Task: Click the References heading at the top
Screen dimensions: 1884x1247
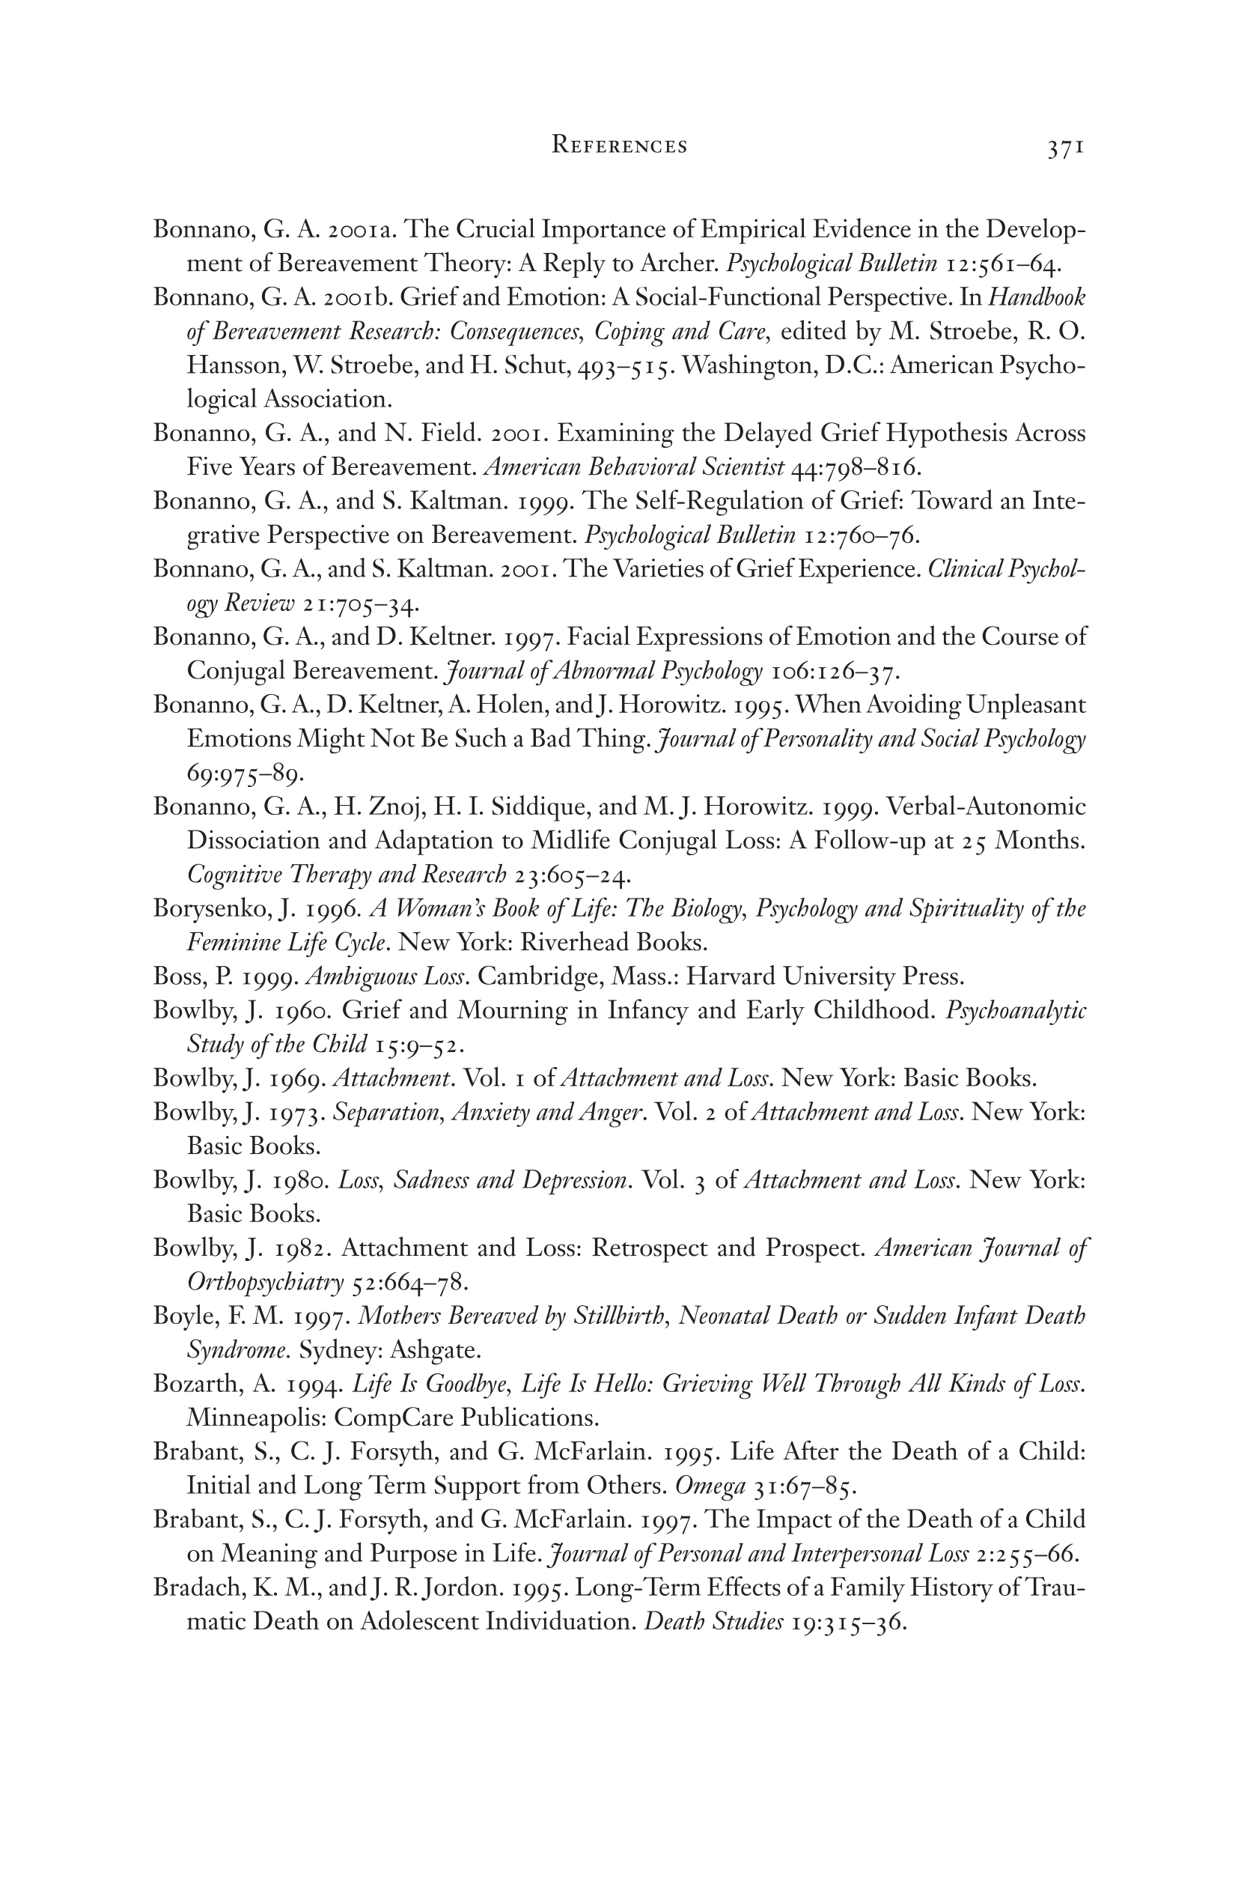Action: (620, 147)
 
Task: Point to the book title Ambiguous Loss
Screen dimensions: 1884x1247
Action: (385, 976)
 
